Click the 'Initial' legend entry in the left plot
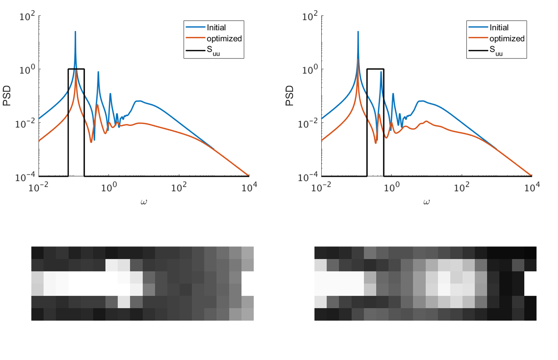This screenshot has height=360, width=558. click(216, 27)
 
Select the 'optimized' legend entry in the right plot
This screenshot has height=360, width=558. click(507, 39)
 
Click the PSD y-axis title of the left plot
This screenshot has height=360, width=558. click(7, 96)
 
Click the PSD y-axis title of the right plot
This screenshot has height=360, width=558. click(290, 96)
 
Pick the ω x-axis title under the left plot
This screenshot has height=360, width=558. click(143, 202)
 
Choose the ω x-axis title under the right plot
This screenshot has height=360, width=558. click(426, 202)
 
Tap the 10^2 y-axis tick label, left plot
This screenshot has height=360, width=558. click(27, 16)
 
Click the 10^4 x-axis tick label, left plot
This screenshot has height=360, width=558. click(249, 187)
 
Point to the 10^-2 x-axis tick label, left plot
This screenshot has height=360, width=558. click(39, 187)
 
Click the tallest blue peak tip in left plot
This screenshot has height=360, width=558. click(75, 32)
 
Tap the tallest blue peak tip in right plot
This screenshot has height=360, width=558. click(358, 32)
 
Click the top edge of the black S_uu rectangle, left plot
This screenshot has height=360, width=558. click(76, 69)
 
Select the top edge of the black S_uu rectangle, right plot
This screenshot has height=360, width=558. click(375, 69)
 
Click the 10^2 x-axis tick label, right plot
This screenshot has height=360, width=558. click(461, 187)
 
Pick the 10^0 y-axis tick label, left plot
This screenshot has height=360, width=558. click(27, 70)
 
